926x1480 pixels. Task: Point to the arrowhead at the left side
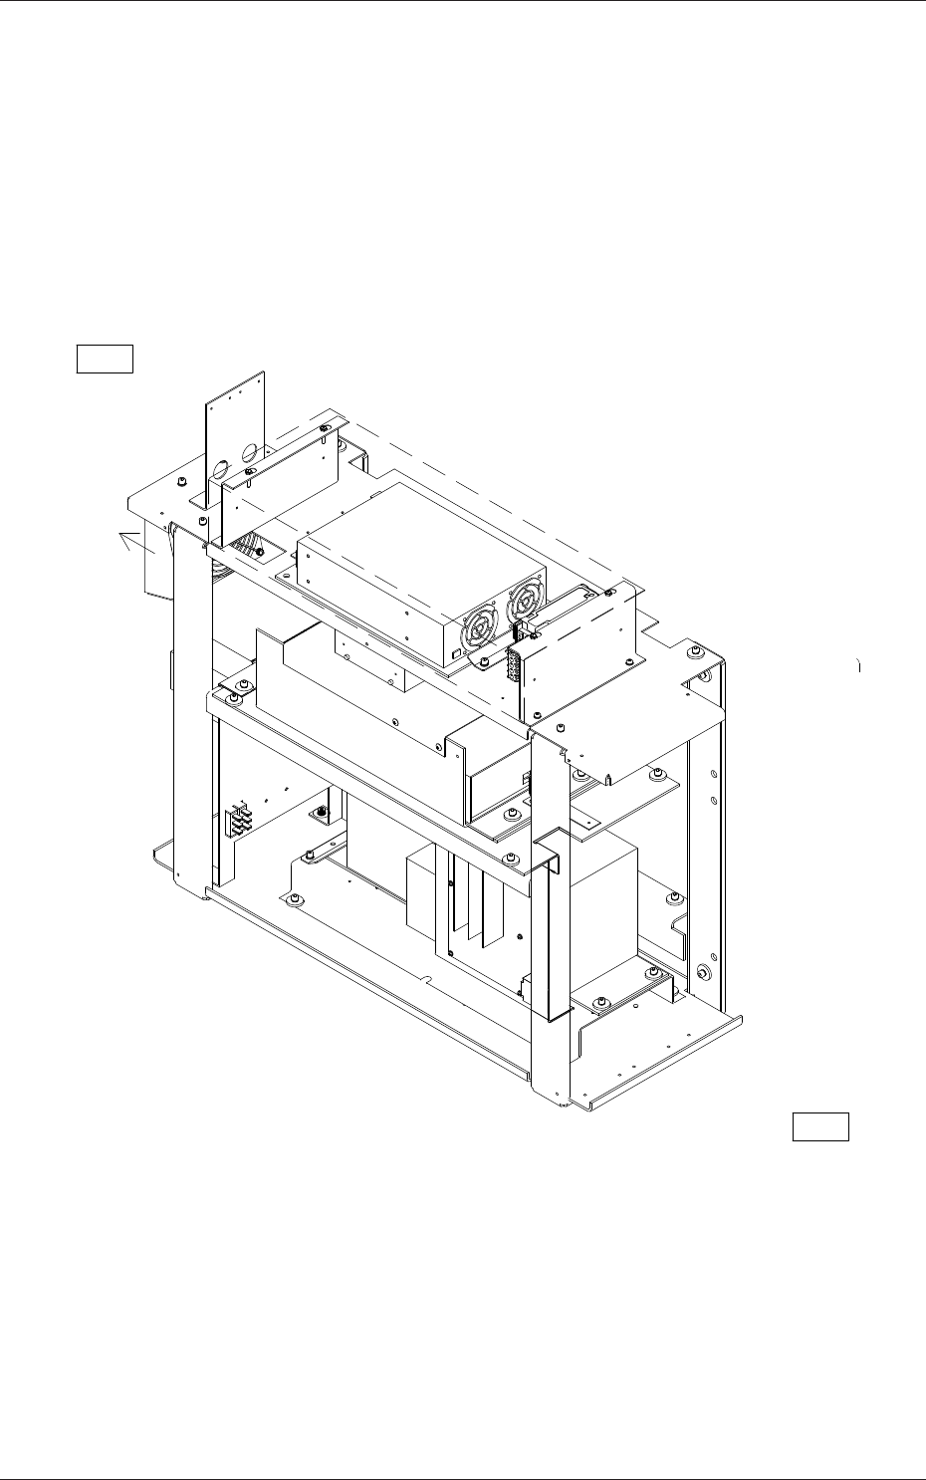click(125, 538)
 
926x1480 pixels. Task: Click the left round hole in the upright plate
click(220, 468)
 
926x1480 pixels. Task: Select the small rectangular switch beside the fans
click(456, 654)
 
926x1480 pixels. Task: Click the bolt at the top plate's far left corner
click(180, 482)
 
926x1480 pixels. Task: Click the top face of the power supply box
click(418, 558)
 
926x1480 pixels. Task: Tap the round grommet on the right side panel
click(703, 973)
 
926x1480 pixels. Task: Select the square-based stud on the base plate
click(322, 815)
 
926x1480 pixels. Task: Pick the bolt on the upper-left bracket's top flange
click(325, 429)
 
